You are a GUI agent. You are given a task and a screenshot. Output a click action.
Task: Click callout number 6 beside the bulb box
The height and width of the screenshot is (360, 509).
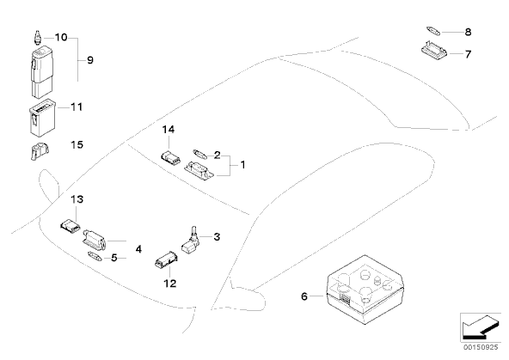click(x=304, y=296)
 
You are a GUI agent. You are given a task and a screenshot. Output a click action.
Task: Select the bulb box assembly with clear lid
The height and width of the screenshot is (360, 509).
click(x=365, y=290)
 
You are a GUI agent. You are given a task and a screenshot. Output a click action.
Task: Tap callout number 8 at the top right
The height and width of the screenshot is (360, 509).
click(x=468, y=32)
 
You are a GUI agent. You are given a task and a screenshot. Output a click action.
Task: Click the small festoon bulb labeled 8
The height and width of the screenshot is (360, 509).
click(x=433, y=31)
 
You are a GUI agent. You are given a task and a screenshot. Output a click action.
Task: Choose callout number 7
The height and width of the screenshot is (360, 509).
click(x=468, y=54)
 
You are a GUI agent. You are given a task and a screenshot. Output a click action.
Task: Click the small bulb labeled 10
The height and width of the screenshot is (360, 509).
click(x=38, y=38)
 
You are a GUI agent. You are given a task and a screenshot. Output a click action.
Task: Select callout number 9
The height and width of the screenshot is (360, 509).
click(x=90, y=60)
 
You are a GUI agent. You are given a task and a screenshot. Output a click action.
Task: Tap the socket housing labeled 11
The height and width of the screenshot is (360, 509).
click(x=42, y=117)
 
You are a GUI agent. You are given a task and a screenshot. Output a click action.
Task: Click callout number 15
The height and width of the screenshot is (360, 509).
click(x=77, y=144)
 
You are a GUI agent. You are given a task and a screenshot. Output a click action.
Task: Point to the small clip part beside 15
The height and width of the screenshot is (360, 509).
click(x=40, y=151)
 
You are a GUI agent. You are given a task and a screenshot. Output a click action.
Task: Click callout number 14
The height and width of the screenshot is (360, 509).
click(x=169, y=130)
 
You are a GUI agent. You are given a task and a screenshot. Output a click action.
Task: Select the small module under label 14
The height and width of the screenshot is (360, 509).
click(x=171, y=157)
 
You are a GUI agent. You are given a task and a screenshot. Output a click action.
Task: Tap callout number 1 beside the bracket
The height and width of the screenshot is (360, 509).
click(x=242, y=165)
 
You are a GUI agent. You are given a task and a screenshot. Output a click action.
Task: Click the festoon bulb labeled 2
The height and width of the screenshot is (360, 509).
click(x=199, y=154)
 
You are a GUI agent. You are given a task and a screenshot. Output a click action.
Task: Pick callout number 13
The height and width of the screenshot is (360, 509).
click(x=77, y=199)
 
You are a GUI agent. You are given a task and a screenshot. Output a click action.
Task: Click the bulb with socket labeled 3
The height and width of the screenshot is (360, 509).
click(x=192, y=241)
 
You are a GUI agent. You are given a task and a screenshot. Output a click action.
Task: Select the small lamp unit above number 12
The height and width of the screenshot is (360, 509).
click(x=167, y=260)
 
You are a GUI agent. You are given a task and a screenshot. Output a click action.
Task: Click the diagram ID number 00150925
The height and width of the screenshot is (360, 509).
click(x=481, y=347)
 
